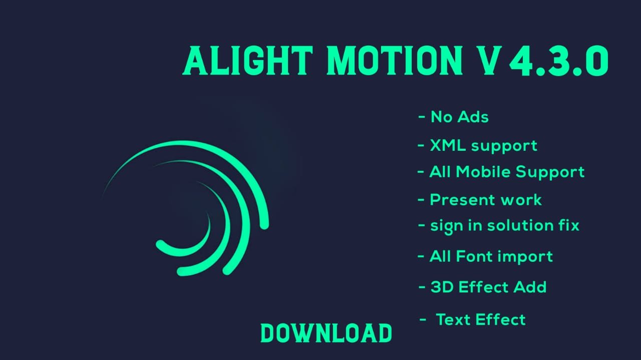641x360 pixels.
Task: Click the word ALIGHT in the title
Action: point(248,61)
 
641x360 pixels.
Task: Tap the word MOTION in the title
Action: point(395,61)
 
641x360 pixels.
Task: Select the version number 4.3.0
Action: point(559,61)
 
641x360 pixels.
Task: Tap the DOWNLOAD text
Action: point(326,333)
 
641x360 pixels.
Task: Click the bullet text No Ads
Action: point(460,117)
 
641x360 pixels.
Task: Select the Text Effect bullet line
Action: point(472,319)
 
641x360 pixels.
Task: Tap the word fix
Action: point(569,225)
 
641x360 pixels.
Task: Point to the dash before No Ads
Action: point(422,117)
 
